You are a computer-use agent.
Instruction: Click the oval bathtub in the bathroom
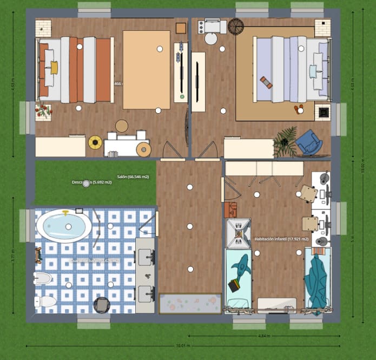click(x=64, y=226)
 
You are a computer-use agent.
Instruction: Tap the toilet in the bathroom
click(x=45, y=301)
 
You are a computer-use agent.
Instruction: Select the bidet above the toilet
click(x=43, y=279)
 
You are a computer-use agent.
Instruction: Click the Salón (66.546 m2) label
click(x=133, y=177)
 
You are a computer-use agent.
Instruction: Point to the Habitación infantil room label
click(x=281, y=239)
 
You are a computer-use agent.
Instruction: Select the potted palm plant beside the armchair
click(x=285, y=139)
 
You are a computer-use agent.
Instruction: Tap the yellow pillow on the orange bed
click(x=54, y=68)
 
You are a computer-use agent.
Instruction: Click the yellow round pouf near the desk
click(x=95, y=142)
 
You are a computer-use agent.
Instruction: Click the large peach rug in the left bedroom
click(x=147, y=69)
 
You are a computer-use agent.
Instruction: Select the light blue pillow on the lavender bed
click(x=312, y=71)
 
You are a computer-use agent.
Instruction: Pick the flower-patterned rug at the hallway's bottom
click(x=190, y=303)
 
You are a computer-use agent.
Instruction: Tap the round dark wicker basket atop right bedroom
click(x=236, y=25)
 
